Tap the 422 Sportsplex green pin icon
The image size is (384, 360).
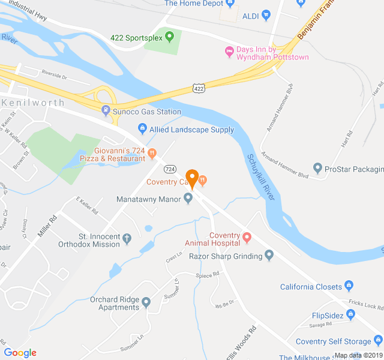pos(169,37)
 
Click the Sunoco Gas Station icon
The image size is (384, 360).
pos(106,111)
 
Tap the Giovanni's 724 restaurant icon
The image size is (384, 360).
pos(152,154)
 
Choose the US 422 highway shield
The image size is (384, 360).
pos(199,88)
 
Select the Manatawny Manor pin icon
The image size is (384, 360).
pos(188,198)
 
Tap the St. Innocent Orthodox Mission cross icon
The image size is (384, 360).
pos(127,239)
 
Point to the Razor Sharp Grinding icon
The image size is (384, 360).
pos(269,256)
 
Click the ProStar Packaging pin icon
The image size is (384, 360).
pos(318,169)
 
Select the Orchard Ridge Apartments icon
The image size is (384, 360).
pos(146,303)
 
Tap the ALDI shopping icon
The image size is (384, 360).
pos(266,15)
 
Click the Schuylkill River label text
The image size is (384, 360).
pos(260,176)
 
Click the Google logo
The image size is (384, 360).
pos(20,352)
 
